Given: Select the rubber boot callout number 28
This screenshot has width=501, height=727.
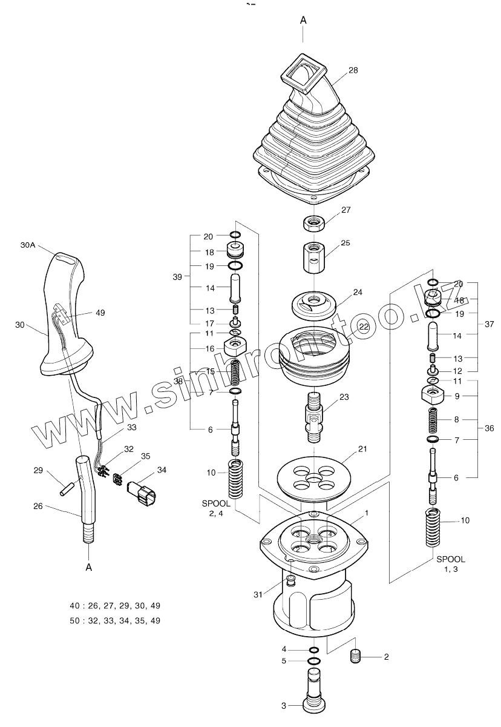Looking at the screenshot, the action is [x=353, y=70].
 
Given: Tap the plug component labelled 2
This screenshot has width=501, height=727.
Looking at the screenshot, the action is [x=356, y=657].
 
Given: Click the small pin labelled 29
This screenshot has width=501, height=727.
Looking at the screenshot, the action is [x=65, y=489].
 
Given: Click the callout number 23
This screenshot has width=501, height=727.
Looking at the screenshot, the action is [x=344, y=397].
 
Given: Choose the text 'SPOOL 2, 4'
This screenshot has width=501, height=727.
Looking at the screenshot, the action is [x=216, y=509].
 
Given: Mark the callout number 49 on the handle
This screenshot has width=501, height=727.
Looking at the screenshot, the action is [x=100, y=313].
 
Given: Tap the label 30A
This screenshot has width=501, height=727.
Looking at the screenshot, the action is [x=28, y=245].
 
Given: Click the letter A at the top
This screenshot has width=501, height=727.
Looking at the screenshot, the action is [x=303, y=20].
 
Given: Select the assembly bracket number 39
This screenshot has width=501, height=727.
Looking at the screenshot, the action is [x=177, y=277].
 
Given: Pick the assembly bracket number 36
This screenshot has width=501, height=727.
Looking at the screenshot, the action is [x=489, y=428].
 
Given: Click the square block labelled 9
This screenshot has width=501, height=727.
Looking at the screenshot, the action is [x=433, y=394].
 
